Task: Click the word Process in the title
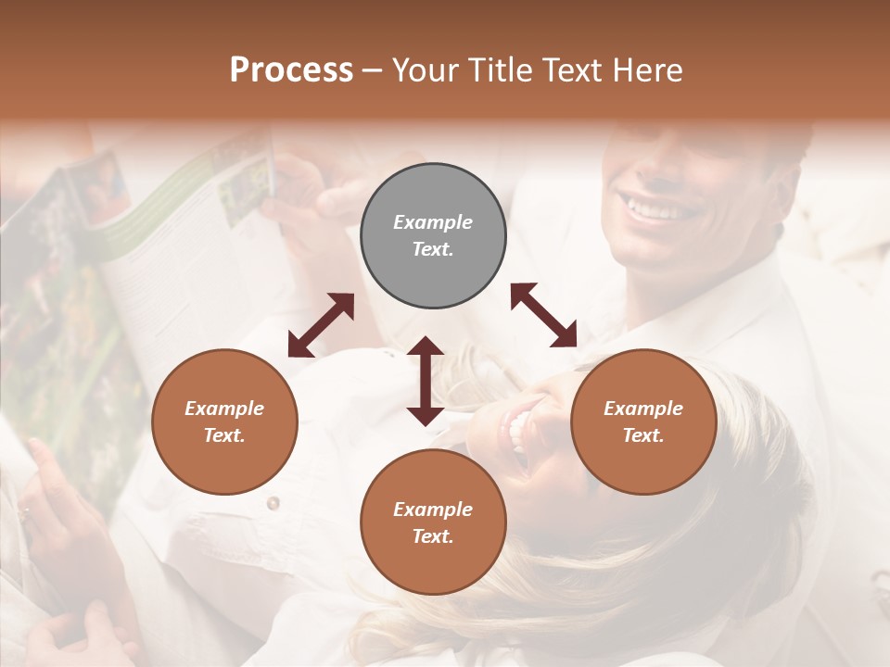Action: click(291, 70)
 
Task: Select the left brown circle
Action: click(224, 422)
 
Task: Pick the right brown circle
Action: click(643, 422)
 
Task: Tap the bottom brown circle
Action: click(433, 522)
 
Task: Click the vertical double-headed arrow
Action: click(426, 381)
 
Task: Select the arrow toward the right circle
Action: click(543, 315)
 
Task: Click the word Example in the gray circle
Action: click(433, 222)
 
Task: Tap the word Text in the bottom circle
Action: click(433, 536)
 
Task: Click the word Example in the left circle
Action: click(224, 409)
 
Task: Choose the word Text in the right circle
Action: click(643, 435)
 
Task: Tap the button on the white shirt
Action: click(273, 503)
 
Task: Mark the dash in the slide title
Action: click(373, 70)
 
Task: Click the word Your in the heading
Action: click(426, 70)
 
